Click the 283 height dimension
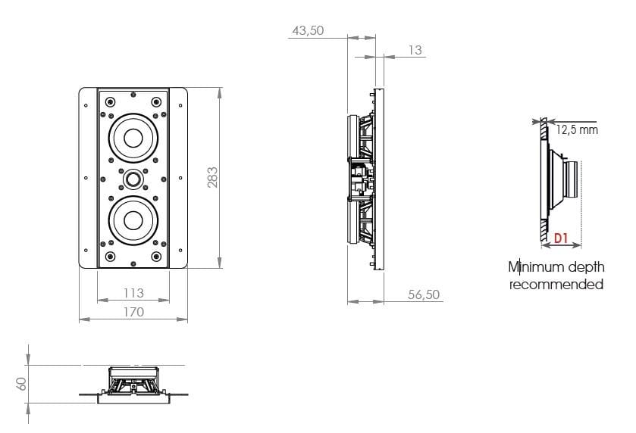tap(212, 177)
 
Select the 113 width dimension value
tap(133, 292)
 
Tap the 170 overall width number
tap(133, 311)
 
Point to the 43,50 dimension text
tap(308, 30)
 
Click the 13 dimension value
tap(415, 50)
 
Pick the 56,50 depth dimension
tap(424, 294)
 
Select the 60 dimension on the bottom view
tap(21, 384)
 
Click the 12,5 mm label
tap(577, 129)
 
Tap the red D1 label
tap(560, 238)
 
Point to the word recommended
tap(556, 285)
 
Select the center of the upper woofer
tap(133, 138)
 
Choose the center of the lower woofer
tap(133, 220)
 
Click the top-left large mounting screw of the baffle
tap(110, 101)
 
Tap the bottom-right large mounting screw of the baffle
tap(156, 257)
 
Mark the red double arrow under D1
tap(562, 245)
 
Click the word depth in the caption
tap(586, 267)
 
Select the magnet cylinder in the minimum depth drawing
tap(571, 179)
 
